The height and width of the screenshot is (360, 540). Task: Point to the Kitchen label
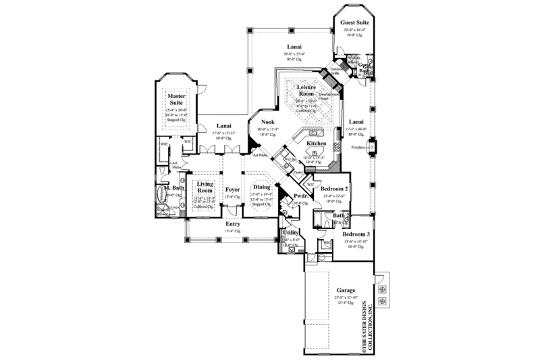[x=317, y=144]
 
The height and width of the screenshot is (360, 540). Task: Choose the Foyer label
[x=233, y=190]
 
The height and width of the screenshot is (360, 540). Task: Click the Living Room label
[x=204, y=187]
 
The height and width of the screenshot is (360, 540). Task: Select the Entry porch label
[x=233, y=224]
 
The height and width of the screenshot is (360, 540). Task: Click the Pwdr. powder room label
[x=301, y=196]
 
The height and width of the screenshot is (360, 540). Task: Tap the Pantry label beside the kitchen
[x=298, y=173]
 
